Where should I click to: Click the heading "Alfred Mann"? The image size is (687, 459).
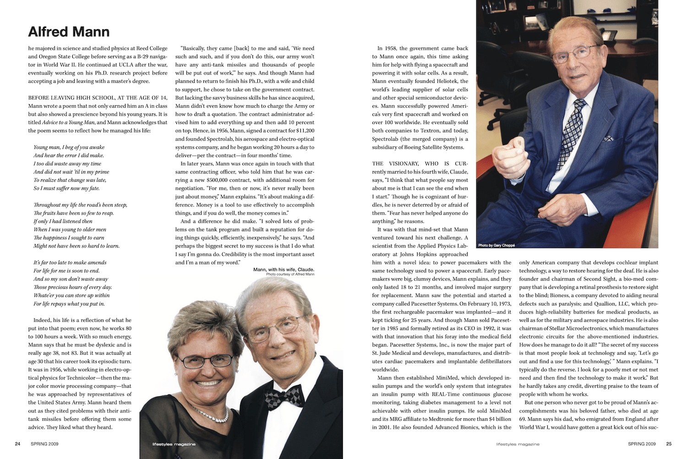pos(69,32)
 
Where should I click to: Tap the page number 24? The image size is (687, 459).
pos(18,443)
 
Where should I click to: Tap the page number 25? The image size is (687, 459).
pos(669,443)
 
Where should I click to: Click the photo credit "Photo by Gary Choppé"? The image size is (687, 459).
pos(496,245)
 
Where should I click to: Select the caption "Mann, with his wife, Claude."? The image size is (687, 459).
pos(284,270)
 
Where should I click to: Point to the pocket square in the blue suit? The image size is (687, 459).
pos(608,138)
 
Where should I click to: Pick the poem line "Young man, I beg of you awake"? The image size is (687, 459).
pos(69,147)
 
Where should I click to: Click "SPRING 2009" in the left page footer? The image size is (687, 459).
pos(45,443)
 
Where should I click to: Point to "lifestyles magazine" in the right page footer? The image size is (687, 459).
pos(518,444)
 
